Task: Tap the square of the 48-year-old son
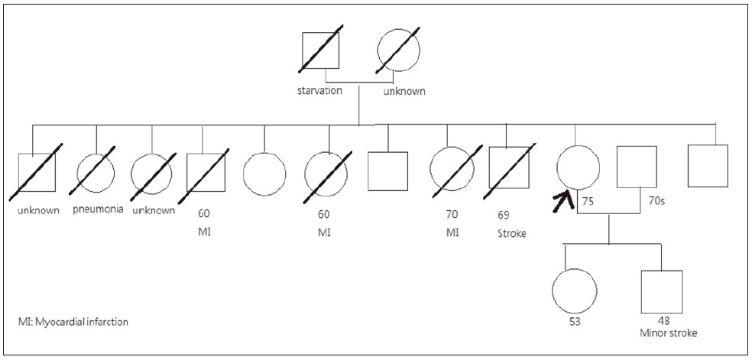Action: pyautogui.click(x=660, y=290)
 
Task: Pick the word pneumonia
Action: pyautogui.click(x=99, y=210)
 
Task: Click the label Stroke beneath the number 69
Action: pyautogui.click(x=511, y=234)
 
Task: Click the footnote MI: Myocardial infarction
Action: pyautogui.click(x=73, y=322)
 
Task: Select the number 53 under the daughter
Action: pyautogui.click(x=574, y=321)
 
